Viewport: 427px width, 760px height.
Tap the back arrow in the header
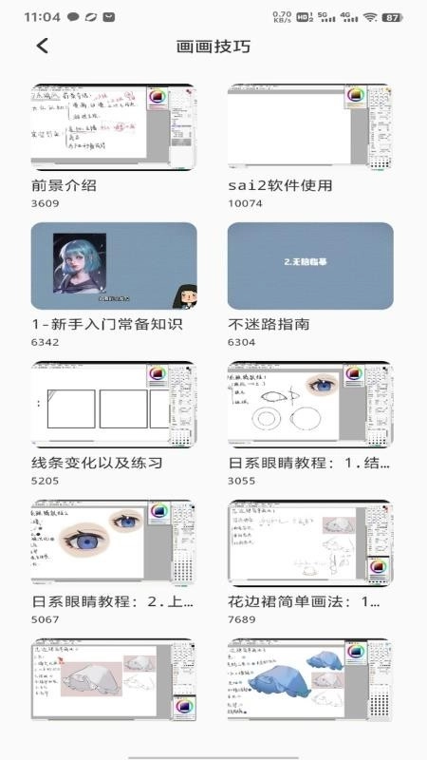tap(42, 46)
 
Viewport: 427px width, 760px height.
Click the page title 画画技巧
tap(213, 46)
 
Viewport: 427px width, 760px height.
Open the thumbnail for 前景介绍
tap(114, 126)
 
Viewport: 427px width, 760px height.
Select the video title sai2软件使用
tap(280, 185)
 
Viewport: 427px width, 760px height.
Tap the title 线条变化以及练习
tap(97, 463)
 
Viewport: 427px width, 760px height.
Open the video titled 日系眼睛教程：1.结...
tap(310, 463)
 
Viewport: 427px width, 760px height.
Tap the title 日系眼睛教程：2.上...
tap(113, 601)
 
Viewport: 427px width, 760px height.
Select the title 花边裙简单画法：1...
tap(310, 601)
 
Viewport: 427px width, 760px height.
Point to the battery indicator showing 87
tap(391, 17)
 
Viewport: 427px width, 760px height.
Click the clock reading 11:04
tap(42, 17)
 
